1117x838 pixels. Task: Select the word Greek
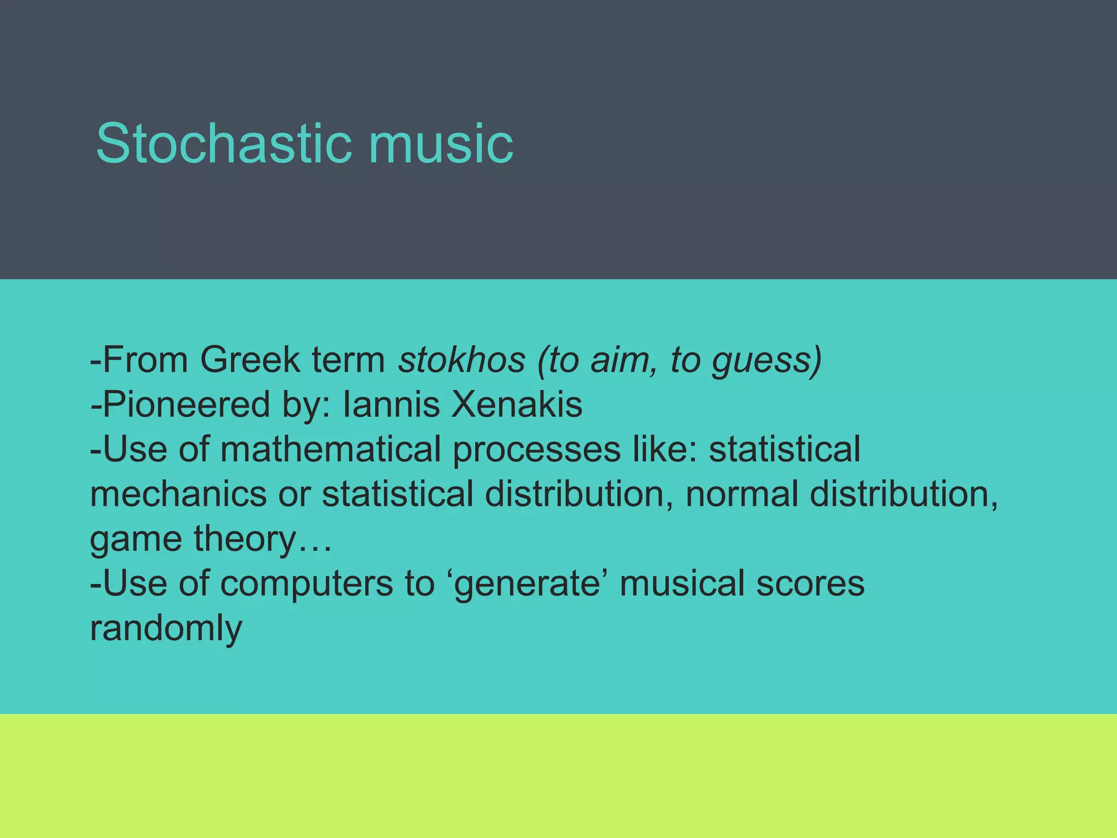pyautogui.click(x=250, y=360)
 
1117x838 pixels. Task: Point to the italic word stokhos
pyautogui.click(x=461, y=360)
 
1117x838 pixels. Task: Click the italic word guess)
pyautogui.click(x=766, y=361)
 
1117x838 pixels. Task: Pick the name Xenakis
pyautogui.click(x=517, y=405)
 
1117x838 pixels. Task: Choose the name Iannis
pyautogui.click(x=391, y=405)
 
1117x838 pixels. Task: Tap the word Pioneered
pyautogui.click(x=185, y=405)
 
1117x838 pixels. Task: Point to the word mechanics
pyautogui.click(x=178, y=494)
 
